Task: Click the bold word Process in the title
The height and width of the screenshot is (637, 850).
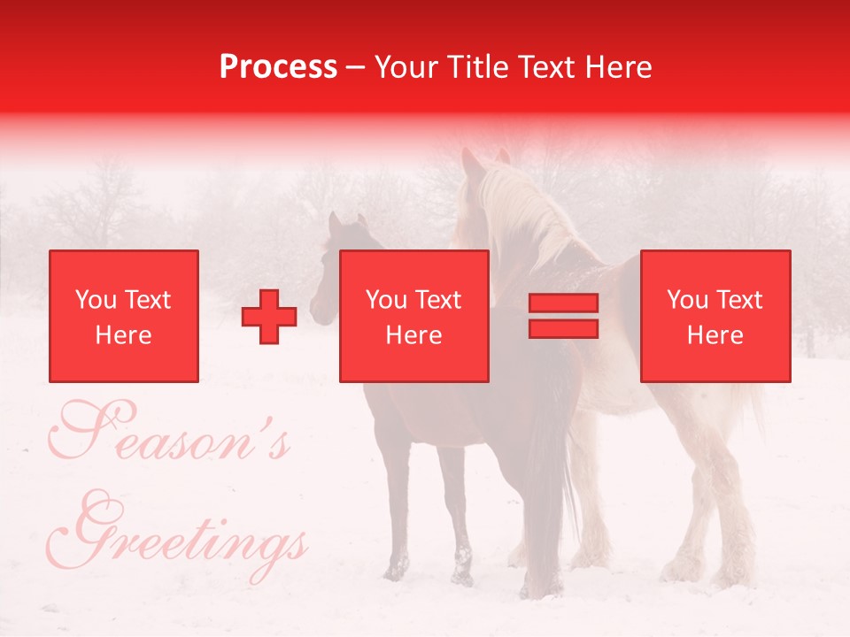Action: point(278,67)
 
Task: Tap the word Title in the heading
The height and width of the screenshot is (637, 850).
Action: point(481,67)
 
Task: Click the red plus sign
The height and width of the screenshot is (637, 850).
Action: point(269,317)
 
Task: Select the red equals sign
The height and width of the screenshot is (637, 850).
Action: point(563,316)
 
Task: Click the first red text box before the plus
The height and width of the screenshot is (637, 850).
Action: point(124,316)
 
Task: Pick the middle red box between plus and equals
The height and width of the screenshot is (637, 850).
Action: point(413,316)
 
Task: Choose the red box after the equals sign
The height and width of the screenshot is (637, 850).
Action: point(715,316)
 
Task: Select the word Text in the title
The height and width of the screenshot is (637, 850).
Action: point(549,67)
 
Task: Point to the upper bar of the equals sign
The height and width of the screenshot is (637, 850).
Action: point(563,303)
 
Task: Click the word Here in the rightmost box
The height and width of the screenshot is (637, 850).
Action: point(715,335)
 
